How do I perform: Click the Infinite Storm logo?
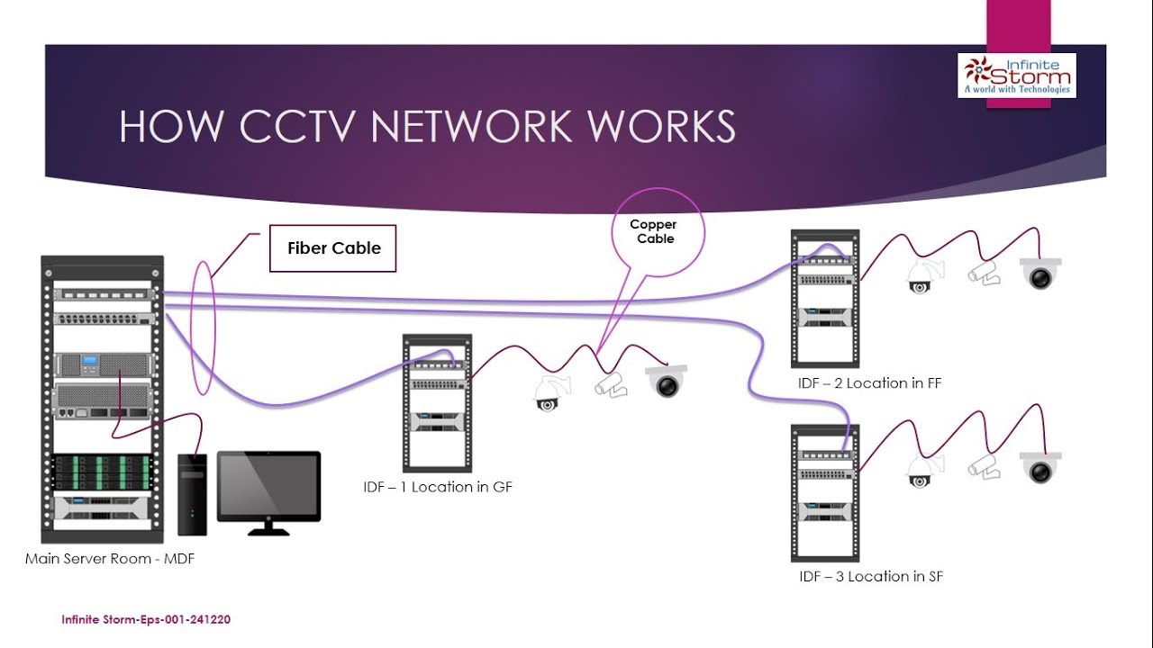point(1017,75)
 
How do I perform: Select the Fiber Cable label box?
point(333,248)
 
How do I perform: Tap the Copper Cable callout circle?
point(655,232)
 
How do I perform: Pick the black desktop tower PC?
point(192,494)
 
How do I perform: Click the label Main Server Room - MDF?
point(110,559)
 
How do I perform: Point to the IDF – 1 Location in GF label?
point(437,487)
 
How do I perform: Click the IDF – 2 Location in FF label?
point(869,383)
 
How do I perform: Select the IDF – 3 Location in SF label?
point(870,577)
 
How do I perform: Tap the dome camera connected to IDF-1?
point(667,382)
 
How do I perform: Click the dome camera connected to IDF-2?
point(1040,274)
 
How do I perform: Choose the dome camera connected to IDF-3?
point(1040,467)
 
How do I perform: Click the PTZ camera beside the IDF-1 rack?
point(549,394)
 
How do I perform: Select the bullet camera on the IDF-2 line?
point(984,274)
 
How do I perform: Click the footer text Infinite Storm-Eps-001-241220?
point(146,620)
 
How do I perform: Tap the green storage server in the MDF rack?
point(102,472)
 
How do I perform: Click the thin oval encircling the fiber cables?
point(204,328)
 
